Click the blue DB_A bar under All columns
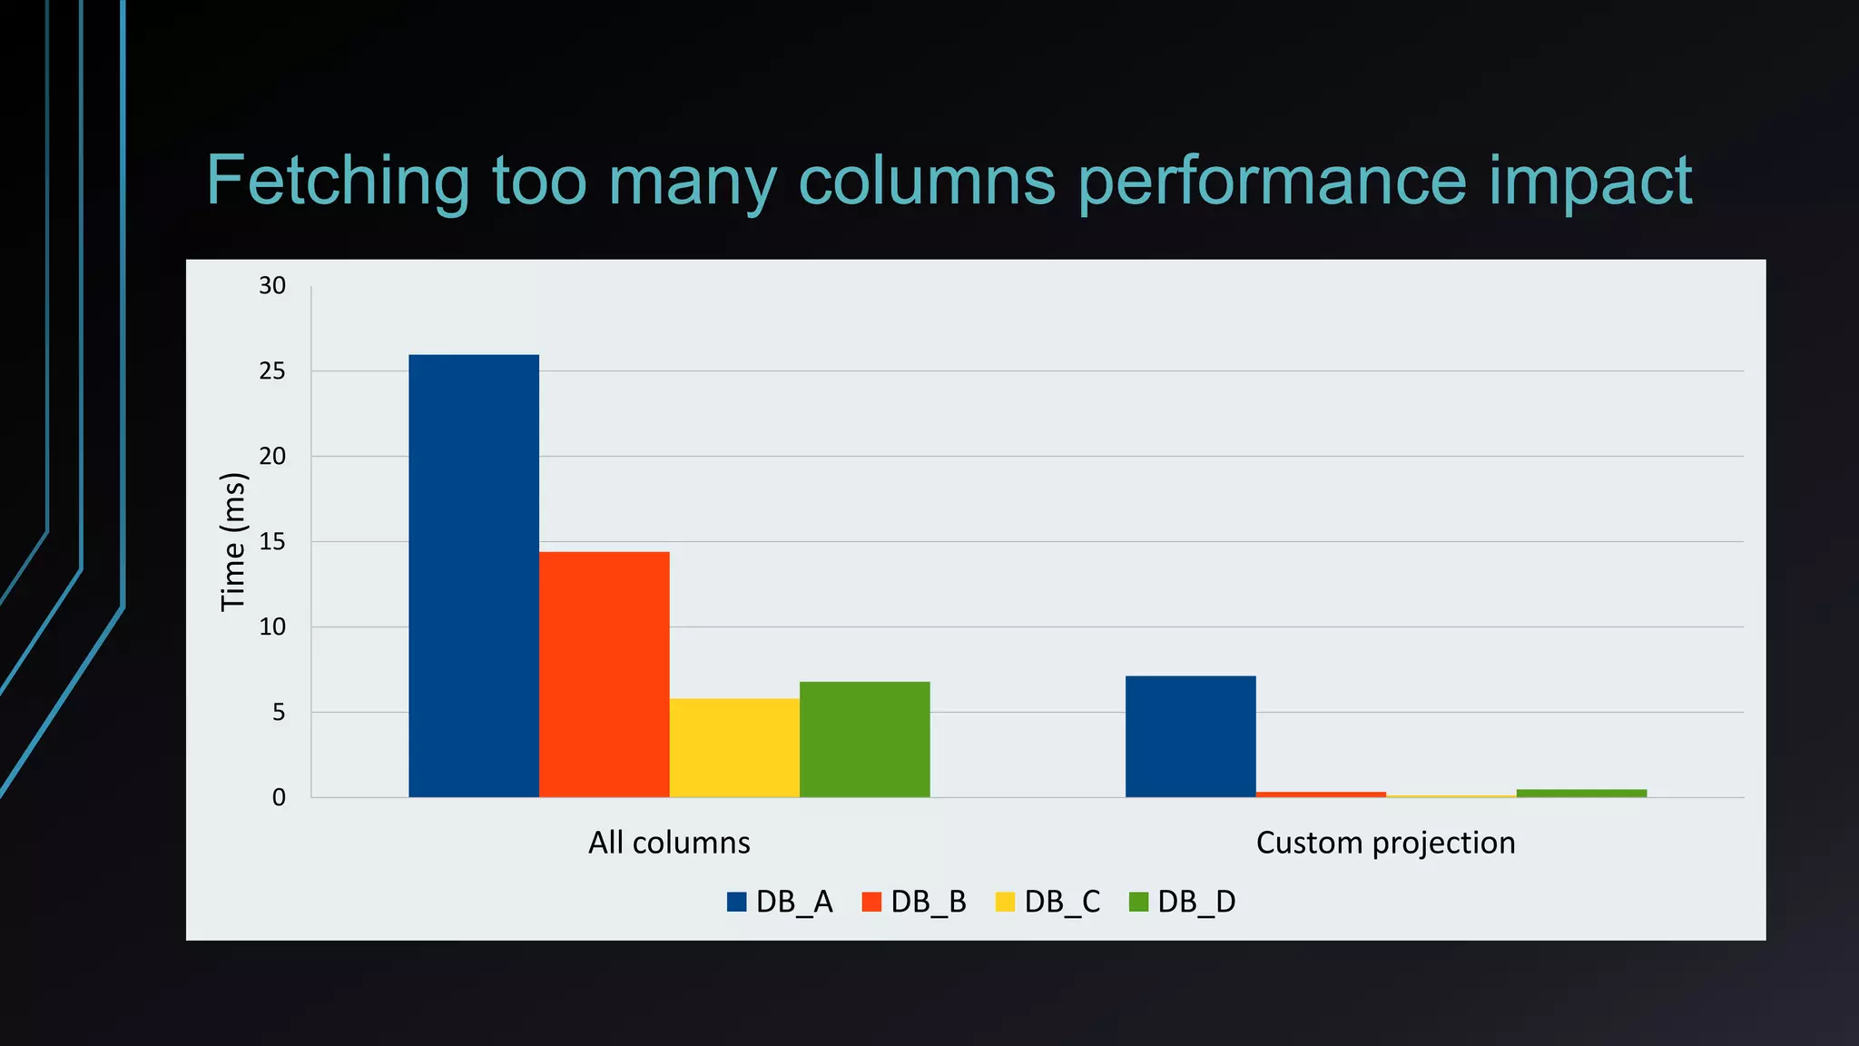474,576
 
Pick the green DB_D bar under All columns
865,739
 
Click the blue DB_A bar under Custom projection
1191,736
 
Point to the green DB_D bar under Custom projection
1581,794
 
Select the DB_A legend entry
780,902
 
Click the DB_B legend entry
914,902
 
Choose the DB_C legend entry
1048,902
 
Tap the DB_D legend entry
1183,902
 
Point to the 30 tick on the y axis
272,286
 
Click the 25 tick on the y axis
272,371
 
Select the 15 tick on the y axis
272,542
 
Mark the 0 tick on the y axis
279,798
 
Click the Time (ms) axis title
233,542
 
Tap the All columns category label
669,843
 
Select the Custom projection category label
1385,843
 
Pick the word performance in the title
1272,182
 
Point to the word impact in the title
1590,182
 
